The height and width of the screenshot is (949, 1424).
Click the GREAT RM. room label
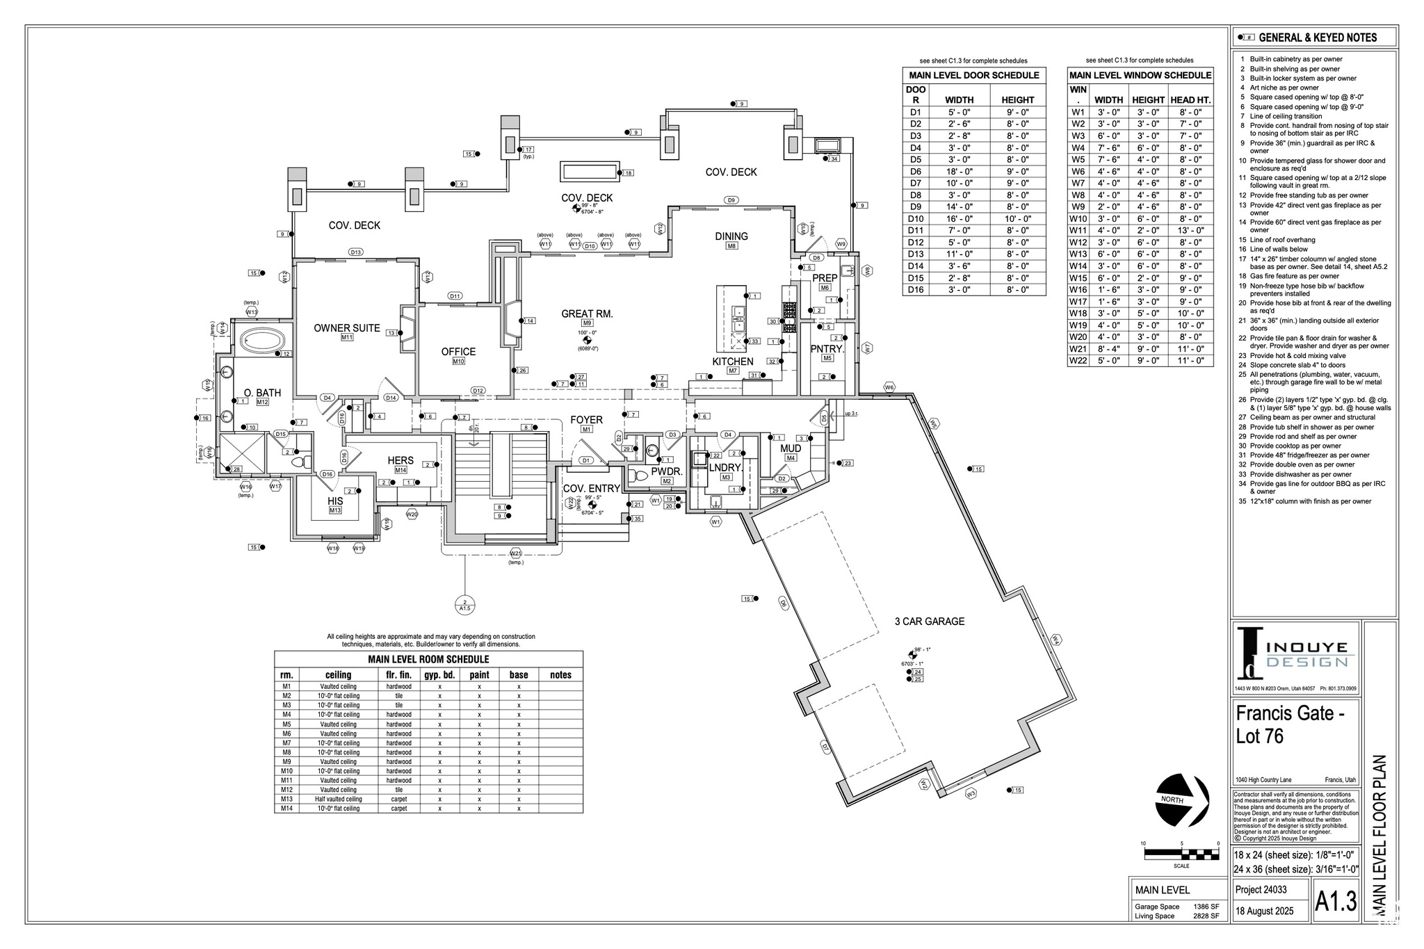(587, 314)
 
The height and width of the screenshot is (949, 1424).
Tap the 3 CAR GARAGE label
(929, 622)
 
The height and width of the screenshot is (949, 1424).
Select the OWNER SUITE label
(346, 328)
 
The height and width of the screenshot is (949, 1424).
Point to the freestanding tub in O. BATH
(262, 341)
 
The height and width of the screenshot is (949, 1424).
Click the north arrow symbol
(1182, 800)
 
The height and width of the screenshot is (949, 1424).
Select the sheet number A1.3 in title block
(1335, 902)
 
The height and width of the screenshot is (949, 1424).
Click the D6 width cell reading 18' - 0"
(959, 172)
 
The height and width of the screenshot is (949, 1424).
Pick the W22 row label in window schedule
(1078, 361)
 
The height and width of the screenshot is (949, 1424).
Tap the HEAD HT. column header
(1190, 100)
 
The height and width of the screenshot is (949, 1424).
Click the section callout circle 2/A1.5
(464, 604)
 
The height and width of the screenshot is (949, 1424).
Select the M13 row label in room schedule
(286, 800)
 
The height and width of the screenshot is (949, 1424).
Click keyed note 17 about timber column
(1314, 262)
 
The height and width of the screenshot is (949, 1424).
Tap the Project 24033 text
(1261, 889)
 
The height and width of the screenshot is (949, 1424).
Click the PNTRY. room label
(827, 349)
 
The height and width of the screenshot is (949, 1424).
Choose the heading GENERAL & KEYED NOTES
(1317, 38)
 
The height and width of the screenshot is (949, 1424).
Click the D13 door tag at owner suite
(356, 252)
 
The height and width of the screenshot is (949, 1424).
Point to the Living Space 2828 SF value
(1206, 916)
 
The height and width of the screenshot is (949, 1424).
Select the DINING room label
(731, 236)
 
